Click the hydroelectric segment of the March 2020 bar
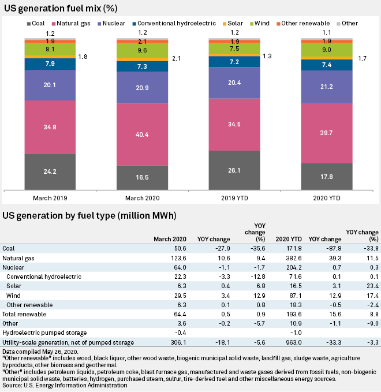click(x=142, y=67)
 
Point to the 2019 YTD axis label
click(x=234, y=197)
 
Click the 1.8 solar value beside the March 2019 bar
click(x=83, y=57)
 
